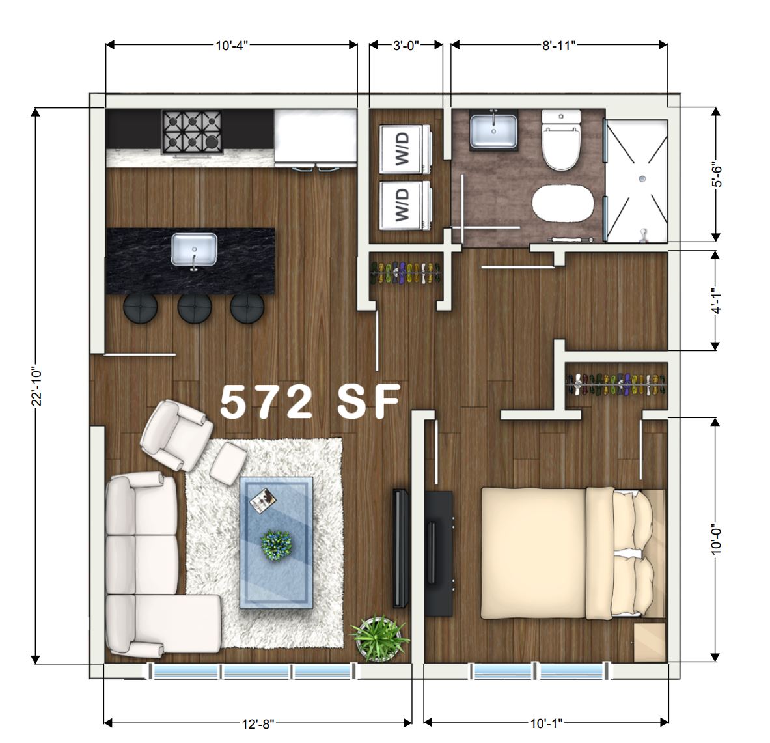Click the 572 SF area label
(x=310, y=402)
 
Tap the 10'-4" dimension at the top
(x=232, y=45)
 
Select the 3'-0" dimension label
(x=406, y=45)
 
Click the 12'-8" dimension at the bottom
(x=258, y=722)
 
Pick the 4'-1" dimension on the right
(x=716, y=301)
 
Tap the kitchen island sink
(x=194, y=250)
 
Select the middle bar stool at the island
(x=194, y=308)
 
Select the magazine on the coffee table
(x=263, y=500)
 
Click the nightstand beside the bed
(x=649, y=642)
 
